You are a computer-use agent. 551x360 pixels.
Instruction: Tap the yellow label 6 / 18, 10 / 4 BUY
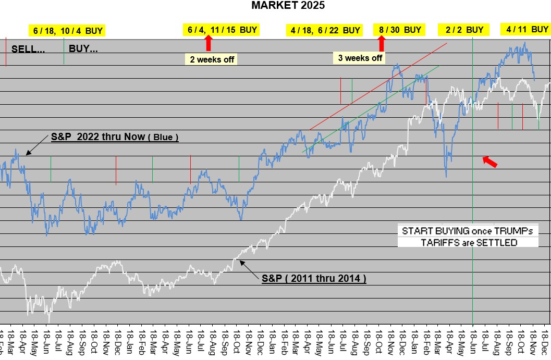click(68, 31)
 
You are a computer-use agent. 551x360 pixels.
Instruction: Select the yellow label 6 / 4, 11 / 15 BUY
click(223, 30)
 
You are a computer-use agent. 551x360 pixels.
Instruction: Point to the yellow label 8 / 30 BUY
click(400, 30)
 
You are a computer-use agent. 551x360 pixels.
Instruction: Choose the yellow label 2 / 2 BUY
click(464, 30)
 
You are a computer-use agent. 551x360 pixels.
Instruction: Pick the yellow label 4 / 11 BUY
click(528, 29)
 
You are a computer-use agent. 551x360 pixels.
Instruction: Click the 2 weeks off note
click(212, 59)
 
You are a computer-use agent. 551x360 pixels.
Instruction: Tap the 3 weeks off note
click(360, 58)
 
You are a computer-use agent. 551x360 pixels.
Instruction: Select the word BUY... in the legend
click(83, 50)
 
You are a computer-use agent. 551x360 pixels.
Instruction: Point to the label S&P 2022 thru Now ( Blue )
click(115, 138)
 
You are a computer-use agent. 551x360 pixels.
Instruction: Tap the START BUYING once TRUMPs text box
click(468, 231)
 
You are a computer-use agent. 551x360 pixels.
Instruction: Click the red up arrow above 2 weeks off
click(209, 42)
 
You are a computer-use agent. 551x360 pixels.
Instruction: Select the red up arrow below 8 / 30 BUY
click(382, 43)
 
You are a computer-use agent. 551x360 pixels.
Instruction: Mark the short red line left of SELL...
click(5, 52)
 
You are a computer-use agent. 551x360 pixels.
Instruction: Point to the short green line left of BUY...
click(64, 52)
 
